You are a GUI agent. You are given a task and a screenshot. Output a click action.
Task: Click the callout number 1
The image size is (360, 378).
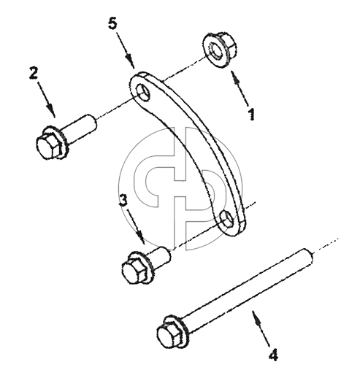252,114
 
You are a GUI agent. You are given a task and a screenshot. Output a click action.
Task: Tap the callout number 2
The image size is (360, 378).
34,73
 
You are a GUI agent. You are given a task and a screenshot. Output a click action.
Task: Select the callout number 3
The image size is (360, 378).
123,200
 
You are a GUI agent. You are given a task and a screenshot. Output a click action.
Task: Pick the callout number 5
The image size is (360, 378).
112,24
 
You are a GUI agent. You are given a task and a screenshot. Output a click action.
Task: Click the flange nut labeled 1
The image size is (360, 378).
218,50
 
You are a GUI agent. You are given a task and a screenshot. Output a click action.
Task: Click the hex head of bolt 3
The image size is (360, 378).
134,271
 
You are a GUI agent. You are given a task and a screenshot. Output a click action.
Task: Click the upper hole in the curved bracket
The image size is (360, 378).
144,93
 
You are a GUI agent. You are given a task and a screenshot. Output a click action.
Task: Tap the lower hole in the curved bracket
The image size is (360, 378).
227,220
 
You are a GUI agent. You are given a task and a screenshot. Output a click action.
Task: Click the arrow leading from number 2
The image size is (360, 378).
46,99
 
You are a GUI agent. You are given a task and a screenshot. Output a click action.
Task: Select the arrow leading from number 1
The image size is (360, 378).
240,88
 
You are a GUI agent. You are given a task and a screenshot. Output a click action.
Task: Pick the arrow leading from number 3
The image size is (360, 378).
136,227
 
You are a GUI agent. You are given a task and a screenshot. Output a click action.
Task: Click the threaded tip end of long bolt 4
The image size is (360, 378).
309,257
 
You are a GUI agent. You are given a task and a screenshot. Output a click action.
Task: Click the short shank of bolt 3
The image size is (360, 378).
159,258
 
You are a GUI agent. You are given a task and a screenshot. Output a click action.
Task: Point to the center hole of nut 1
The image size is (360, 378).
215,50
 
